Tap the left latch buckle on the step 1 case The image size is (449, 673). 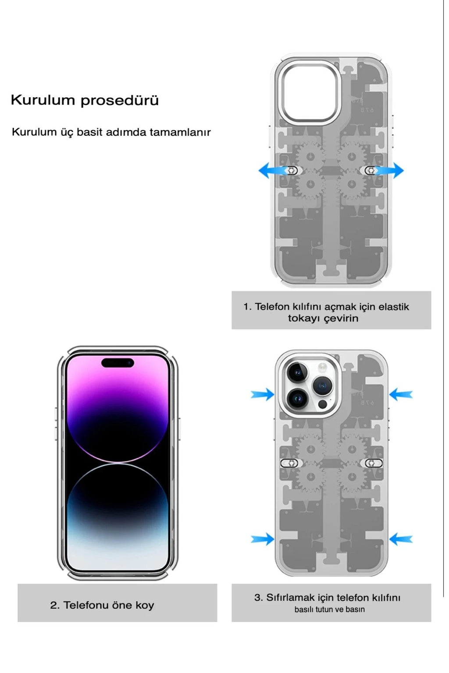292,170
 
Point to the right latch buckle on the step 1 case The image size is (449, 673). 371,170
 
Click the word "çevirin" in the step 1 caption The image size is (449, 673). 341,319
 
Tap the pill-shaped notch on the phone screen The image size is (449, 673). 118,363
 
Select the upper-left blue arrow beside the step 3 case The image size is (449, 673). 262,394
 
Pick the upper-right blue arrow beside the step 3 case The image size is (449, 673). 401,394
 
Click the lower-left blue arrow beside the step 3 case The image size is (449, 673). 262,539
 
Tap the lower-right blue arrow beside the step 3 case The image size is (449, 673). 401,539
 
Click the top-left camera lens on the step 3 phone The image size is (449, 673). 298,372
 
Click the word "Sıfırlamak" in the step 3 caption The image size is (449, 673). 290,598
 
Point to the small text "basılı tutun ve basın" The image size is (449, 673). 329,609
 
